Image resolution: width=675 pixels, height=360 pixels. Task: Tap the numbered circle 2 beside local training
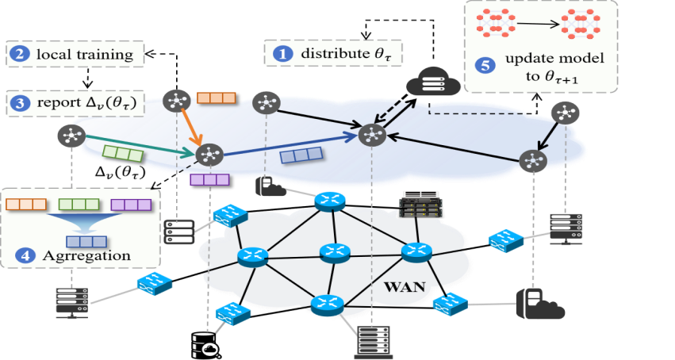(x=17, y=54)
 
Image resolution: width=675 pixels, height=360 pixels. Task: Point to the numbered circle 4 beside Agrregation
(x=28, y=255)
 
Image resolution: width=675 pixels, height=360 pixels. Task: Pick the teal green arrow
(x=135, y=143)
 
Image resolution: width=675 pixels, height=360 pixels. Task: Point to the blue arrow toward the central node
(x=286, y=144)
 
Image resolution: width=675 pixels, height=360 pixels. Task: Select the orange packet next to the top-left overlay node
(x=217, y=98)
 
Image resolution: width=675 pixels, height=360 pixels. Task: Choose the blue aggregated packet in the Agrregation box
(x=85, y=239)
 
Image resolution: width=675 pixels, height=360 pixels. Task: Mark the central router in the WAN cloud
(x=334, y=253)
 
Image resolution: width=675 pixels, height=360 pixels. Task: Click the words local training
(x=86, y=54)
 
